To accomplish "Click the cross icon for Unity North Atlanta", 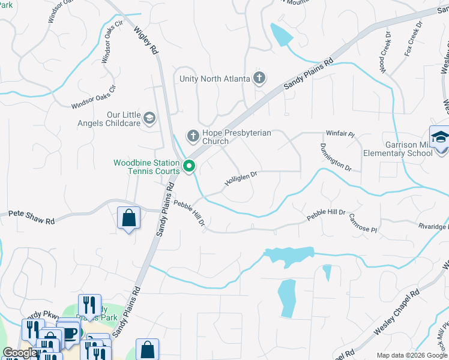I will click(259, 77).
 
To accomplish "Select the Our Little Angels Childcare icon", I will click(149, 118).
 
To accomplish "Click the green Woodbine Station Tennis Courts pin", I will click(189, 166).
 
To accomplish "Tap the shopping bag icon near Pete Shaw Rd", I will click(129, 217).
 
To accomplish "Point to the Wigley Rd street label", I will click(146, 41).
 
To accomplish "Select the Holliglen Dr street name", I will click(241, 178).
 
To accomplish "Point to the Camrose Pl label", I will click(363, 226).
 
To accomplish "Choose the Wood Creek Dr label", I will click(385, 51).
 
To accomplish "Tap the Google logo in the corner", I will click(20, 353).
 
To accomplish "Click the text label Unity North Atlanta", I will click(215, 78).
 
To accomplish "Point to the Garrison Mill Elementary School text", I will click(397, 148).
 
